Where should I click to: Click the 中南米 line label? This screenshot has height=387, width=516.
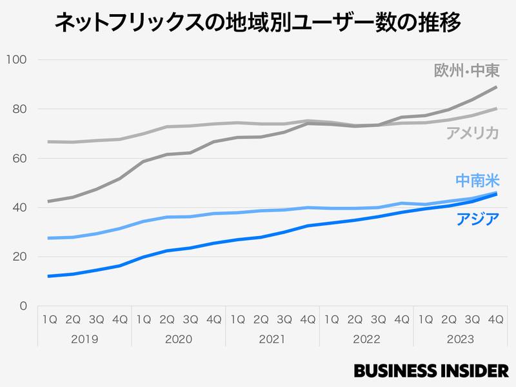coord(477,181)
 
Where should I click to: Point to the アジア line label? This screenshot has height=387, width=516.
coord(477,219)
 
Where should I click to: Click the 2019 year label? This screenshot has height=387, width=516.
coord(84,339)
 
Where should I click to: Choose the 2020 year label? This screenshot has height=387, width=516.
coord(179,339)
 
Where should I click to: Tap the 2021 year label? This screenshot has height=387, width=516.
coord(272,339)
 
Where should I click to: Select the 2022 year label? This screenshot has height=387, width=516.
coord(366,339)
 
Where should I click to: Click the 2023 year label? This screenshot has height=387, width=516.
coord(460,339)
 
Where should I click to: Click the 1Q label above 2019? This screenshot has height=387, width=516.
coord(50,319)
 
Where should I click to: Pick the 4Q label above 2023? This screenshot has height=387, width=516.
coord(495,319)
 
